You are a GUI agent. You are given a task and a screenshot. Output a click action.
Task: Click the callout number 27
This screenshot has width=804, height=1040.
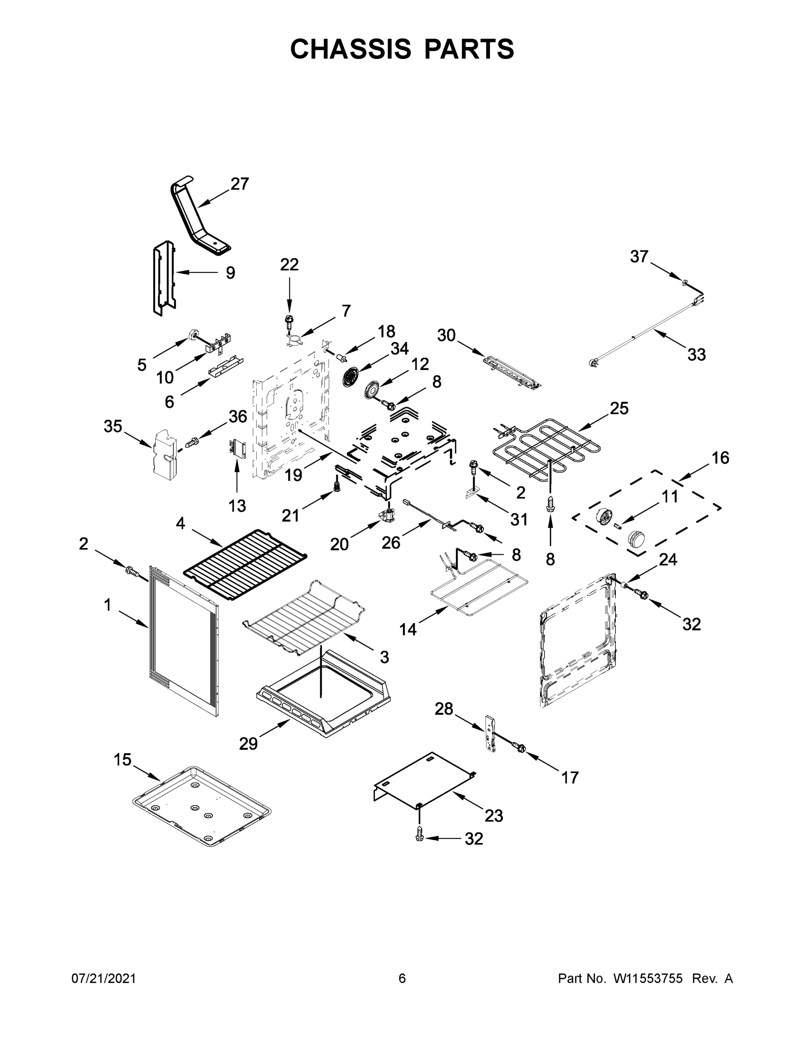(x=240, y=184)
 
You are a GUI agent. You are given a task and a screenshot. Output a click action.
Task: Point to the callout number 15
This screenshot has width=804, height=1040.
(x=122, y=760)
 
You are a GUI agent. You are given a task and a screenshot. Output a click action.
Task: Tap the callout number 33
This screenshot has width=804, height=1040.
(x=697, y=354)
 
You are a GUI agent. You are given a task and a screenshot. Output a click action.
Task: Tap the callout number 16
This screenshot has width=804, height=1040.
(x=720, y=458)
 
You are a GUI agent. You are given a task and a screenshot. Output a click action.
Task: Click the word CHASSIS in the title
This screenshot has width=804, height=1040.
(x=351, y=49)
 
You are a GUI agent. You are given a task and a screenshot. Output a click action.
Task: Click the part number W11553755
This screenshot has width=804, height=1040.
(x=648, y=978)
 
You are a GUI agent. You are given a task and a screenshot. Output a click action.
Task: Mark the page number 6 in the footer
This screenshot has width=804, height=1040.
(x=402, y=978)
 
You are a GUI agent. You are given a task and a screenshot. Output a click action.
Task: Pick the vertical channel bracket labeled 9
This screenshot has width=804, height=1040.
(x=163, y=278)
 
